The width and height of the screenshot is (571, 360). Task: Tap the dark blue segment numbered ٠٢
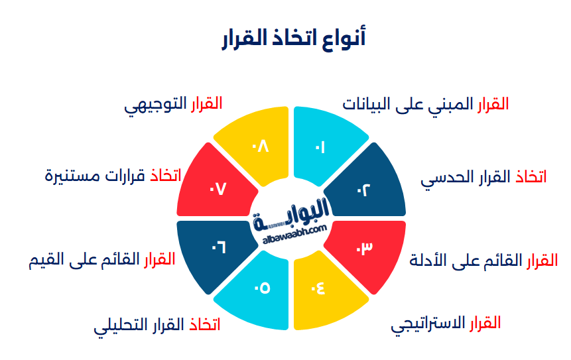(367, 184)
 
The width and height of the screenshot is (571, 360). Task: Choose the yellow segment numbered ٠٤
(324, 290)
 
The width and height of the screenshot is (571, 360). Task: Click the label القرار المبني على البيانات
(425, 104)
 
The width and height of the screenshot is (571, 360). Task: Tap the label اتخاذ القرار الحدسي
(483, 177)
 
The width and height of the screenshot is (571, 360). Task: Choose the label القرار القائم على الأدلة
(483, 260)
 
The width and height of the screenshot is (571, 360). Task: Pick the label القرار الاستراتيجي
(445, 324)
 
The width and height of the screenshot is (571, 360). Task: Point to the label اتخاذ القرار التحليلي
(157, 326)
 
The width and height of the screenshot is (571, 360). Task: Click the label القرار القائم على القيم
(101, 259)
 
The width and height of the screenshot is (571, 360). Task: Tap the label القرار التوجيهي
(173, 104)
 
